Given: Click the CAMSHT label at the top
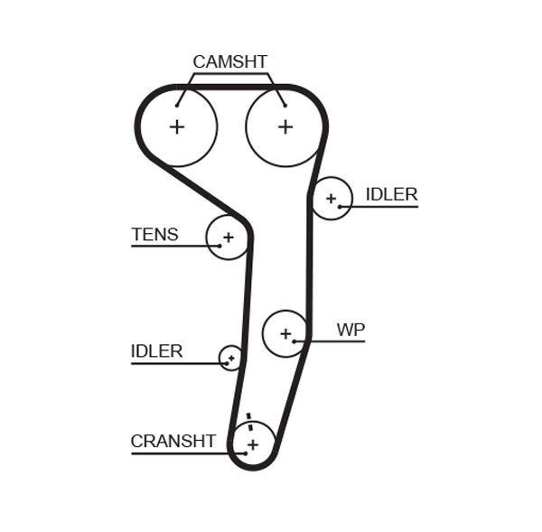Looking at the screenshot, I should (229, 61).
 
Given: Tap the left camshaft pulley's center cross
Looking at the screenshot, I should (177, 127).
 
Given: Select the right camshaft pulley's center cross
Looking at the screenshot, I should (285, 127).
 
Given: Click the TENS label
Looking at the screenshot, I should (154, 235).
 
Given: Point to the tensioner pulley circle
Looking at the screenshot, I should (228, 238).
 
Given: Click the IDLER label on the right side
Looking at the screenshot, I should (391, 194).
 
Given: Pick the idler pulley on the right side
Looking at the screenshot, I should (332, 198).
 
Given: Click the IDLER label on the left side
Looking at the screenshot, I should (156, 351).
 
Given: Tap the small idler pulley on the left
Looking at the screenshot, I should (231, 359).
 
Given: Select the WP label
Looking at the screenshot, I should (350, 330).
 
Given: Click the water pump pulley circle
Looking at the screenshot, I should (285, 333).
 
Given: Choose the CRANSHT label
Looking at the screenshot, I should (173, 442).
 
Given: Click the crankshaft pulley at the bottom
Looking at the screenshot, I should (253, 444).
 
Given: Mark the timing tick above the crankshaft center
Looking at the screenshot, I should (248, 417).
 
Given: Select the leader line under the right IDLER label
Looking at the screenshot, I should (384, 207).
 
